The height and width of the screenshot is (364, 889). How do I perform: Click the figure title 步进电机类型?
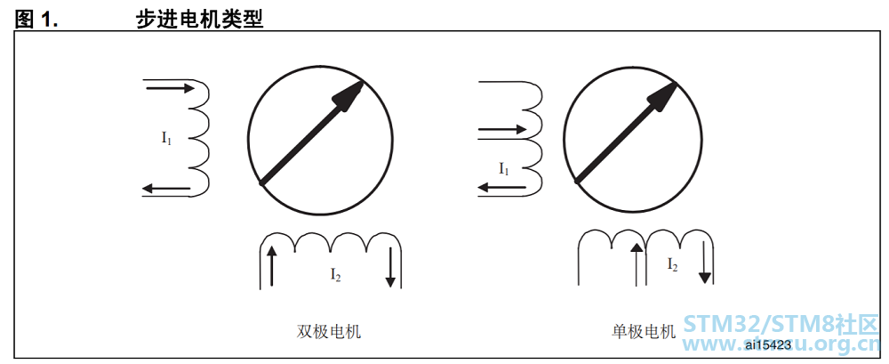tap(199, 20)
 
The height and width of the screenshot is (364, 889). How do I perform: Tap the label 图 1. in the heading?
tap(36, 20)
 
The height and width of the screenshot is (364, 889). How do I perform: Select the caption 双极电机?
tap(329, 331)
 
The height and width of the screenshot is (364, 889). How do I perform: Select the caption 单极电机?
tap(644, 331)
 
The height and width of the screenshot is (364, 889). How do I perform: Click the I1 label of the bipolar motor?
tap(166, 138)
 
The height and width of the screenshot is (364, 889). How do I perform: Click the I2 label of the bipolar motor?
tap(336, 275)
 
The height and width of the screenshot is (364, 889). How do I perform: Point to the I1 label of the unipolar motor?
tap(504, 169)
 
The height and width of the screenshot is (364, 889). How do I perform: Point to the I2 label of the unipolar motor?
tap(672, 264)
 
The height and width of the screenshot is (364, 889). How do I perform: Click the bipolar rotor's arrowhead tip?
tap(363, 81)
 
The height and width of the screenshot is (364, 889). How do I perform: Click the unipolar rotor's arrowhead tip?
tap(677, 83)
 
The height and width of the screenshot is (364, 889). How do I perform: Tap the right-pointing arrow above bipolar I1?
tap(170, 88)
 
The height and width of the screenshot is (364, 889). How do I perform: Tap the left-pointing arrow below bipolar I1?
tap(165, 188)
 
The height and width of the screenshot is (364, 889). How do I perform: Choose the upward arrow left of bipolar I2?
tap(271, 265)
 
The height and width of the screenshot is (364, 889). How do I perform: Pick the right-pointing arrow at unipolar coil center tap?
tap(502, 129)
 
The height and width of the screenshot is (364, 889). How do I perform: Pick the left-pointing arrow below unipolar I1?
tap(500, 186)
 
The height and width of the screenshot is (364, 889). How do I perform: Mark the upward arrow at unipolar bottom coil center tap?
tap(637, 263)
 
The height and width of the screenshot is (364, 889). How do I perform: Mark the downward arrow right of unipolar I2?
tap(704, 262)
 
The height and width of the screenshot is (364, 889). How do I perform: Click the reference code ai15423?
tap(768, 344)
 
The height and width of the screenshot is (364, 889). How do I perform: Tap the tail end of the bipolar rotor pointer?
tap(260, 182)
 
